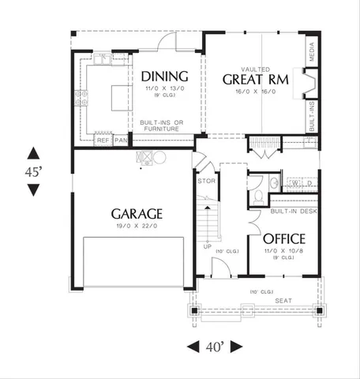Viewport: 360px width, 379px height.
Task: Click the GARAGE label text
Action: (x=137, y=213)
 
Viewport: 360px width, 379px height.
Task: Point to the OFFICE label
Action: (x=284, y=238)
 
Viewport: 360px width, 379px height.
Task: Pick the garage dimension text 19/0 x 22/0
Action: (x=137, y=226)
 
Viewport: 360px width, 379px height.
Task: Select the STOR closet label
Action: (x=205, y=181)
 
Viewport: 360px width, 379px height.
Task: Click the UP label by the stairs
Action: (x=208, y=245)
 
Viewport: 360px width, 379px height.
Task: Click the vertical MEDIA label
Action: (x=313, y=51)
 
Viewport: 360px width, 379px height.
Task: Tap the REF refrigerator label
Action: (x=103, y=141)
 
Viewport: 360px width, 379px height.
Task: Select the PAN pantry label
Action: (x=121, y=141)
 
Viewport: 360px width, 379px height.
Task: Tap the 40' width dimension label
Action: (x=213, y=347)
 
